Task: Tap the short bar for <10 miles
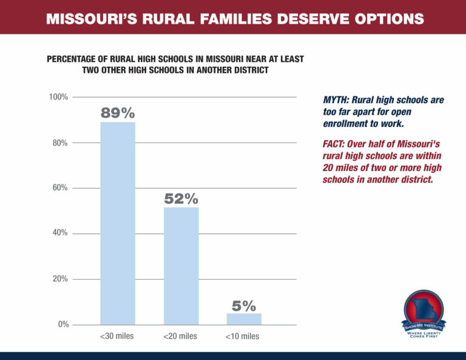(244, 319)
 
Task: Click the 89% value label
(118, 113)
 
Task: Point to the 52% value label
(181, 199)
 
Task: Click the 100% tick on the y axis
(58, 97)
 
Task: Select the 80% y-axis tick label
(60, 143)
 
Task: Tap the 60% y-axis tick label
(60, 188)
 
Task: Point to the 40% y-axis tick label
(60, 234)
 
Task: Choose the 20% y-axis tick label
(60, 279)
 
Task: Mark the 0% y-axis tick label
(62, 325)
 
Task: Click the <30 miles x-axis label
(117, 336)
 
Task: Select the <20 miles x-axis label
(180, 336)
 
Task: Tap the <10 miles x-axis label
(243, 336)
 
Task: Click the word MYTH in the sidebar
(335, 99)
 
